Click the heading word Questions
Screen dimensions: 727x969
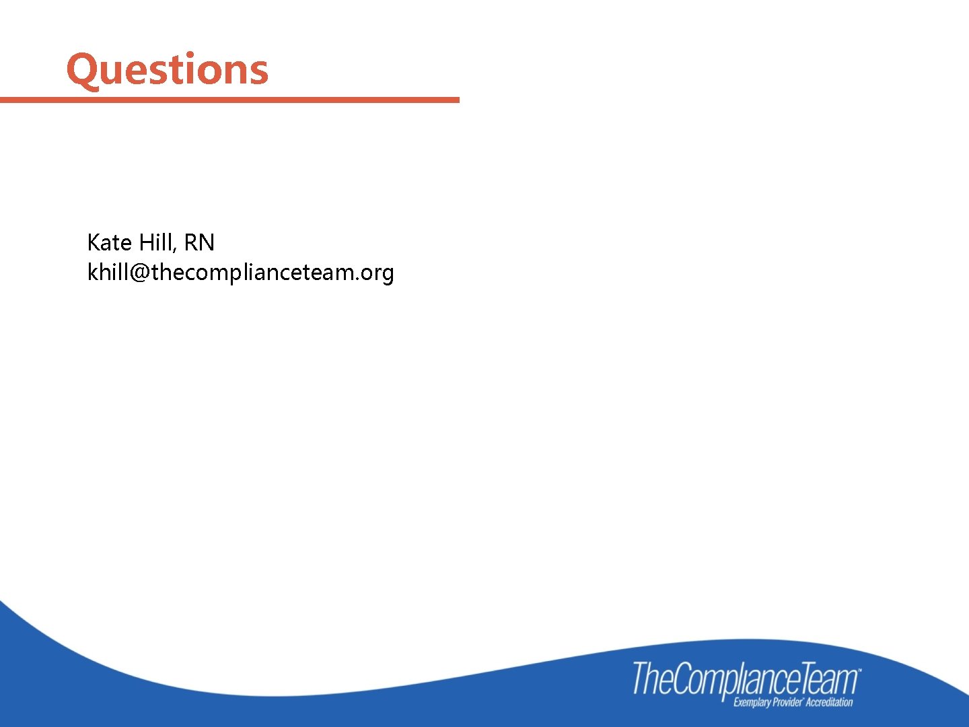point(168,70)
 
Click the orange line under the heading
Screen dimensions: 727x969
point(229,100)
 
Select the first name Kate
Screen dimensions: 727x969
point(109,242)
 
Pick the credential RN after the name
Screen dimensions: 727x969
point(199,242)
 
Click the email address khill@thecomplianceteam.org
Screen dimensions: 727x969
point(240,273)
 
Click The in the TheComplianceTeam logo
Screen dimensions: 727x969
point(652,679)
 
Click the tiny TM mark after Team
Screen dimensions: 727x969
point(859,670)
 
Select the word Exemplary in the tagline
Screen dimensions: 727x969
point(752,703)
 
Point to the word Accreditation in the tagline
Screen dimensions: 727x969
point(830,703)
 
